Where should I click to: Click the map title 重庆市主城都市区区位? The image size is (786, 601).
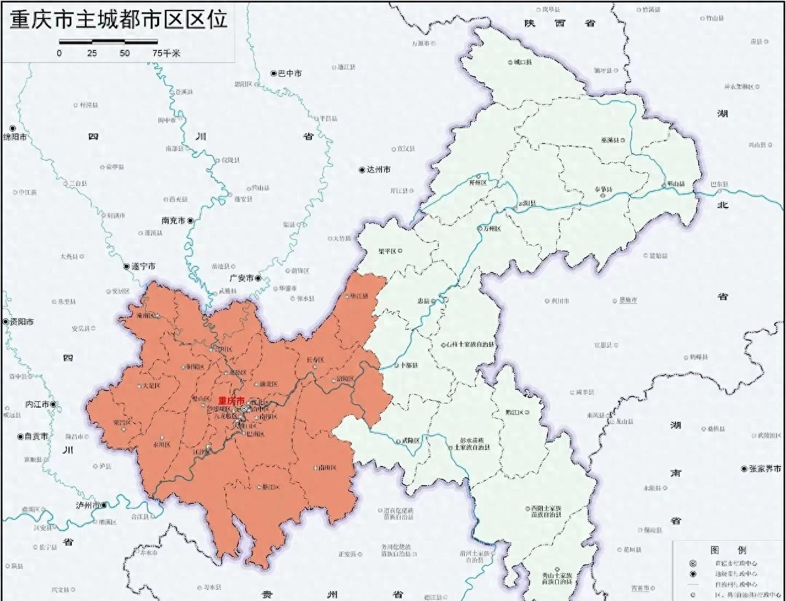(x=119, y=20)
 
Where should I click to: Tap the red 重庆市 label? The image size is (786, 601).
(x=231, y=400)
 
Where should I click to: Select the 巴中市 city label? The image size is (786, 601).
(x=290, y=74)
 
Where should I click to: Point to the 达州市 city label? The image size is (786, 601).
(x=378, y=170)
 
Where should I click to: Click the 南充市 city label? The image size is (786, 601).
(x=173, y=220)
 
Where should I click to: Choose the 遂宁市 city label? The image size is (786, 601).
(x=143, y=266)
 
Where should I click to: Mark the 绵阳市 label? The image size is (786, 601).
(x=16, y=137)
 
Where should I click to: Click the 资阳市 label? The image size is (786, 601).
(x=21, y=322)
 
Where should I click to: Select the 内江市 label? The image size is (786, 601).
(x=37, y=405)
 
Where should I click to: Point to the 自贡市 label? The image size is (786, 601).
(x=36, y=436)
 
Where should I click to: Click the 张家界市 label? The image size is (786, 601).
(x=765, y=468)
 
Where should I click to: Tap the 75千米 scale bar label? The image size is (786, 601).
(x=166, y=53)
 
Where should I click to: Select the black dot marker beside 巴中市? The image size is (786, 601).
(x=274, y=74)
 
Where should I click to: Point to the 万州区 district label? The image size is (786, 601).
(x=492, y=229)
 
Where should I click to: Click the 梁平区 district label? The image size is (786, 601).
(x=389, y=251)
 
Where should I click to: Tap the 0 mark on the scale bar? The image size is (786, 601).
(x=60, y=53)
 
